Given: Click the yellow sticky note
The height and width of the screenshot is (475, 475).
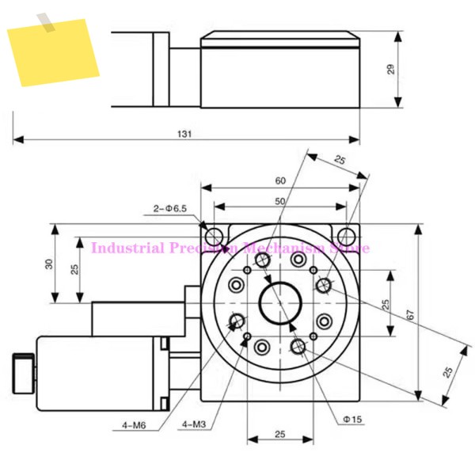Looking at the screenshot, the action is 53,53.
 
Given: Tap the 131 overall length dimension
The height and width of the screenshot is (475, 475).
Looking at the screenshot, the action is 184,134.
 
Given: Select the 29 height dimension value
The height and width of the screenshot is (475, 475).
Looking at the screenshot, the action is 391,70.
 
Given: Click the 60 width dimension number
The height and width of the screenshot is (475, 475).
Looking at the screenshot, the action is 280,180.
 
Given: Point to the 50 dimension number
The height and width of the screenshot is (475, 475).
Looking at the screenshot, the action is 280,201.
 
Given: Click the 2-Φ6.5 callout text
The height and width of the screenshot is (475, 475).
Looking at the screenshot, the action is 170,209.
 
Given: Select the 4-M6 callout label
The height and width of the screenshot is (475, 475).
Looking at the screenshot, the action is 134,426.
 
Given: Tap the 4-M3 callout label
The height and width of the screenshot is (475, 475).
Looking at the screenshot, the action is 194,424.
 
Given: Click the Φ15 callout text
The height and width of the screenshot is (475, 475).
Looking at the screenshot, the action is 352,420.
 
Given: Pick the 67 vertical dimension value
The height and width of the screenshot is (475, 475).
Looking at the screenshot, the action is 410,315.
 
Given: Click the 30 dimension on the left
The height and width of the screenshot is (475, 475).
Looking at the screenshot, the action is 49,264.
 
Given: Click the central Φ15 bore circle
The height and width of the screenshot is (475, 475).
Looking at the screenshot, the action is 280,303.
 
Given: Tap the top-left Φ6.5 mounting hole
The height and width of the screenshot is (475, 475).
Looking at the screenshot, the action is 215,235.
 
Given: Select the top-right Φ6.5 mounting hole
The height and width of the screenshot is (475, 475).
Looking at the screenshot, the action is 347,235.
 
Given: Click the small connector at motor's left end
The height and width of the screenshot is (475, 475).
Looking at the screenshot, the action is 23,374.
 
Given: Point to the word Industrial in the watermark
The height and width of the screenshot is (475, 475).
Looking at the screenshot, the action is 127,248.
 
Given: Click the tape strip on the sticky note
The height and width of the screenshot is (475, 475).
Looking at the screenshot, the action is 46,22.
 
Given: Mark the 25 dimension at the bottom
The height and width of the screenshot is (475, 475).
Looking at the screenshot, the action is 280,435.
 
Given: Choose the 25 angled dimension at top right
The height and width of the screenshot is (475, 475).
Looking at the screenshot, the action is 340,160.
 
